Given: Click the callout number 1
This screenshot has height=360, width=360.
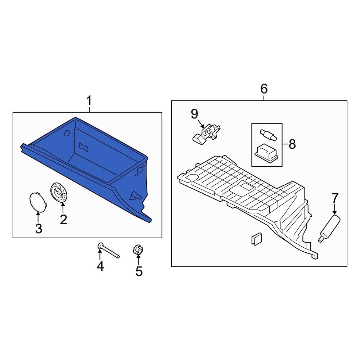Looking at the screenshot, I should click(x=89, y=102).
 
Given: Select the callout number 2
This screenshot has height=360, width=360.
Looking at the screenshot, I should click(x=63, y=219).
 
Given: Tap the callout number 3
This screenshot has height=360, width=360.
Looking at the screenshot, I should click(x=39, y=228).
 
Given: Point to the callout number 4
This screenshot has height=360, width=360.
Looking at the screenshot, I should click(x=100, y=266).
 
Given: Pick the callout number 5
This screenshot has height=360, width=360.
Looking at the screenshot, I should click(x=139, y=271).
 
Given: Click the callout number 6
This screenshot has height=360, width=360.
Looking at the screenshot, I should click(x=264, y=89).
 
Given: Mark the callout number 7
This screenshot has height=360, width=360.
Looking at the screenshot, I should click(x=335, y=198).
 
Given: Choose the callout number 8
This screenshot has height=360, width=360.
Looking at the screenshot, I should click(x=292, y=145).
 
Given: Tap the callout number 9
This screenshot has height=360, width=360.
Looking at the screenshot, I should click(x=194, y=114).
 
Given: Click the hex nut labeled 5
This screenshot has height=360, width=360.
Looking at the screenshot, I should click(x=138, y=249).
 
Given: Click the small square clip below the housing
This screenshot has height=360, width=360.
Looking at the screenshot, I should click(x=256, y=239).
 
